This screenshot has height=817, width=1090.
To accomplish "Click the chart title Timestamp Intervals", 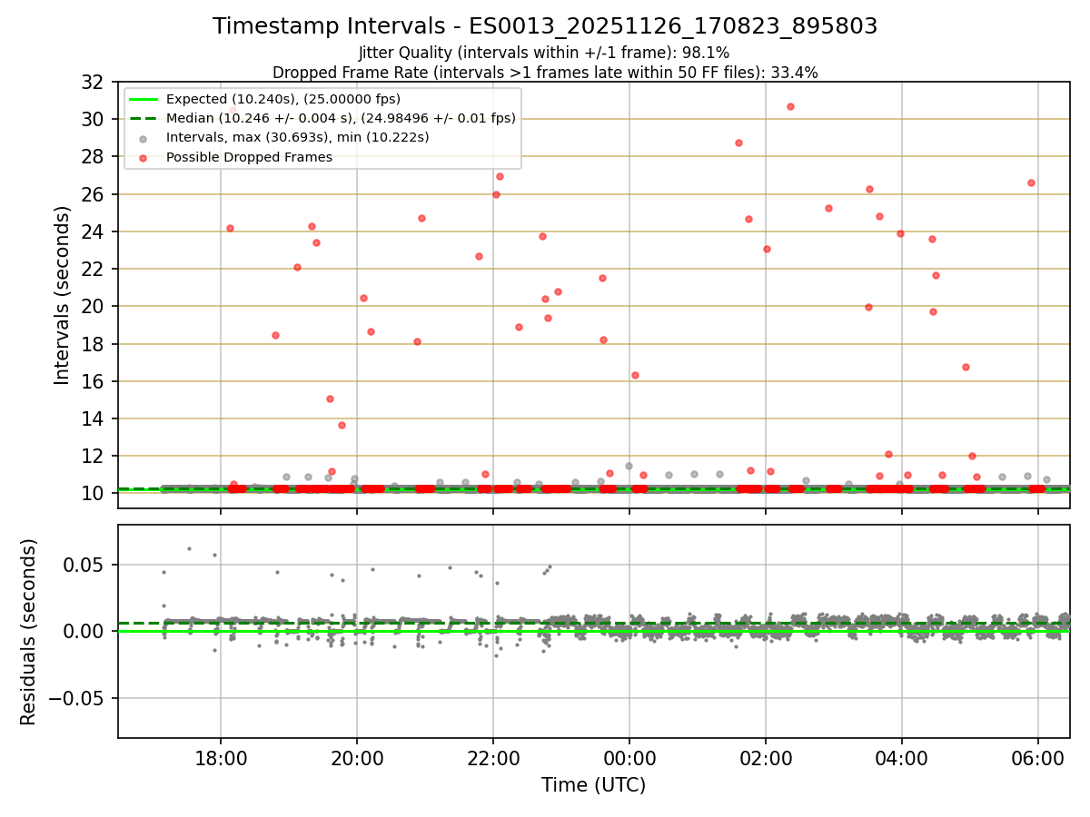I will pyautogui.click(x=545, y=26).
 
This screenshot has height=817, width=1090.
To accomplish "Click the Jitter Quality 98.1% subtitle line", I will pyautogui.click(x=544, y=53).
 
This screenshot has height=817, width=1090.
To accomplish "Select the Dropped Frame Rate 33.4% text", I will pyautogui.click(x=545, y=73).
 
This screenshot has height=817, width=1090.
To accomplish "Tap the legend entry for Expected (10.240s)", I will pyautogui.click(x=282, y=99).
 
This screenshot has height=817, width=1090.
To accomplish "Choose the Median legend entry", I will pyautogui.click(x=341, y=118).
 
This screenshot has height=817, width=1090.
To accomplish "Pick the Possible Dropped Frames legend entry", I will pyautogui.click(x=249, y=157).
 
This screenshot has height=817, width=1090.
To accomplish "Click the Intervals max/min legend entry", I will pyautogui.click(x=297, y=137).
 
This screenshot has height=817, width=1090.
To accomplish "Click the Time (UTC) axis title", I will pyautogui.click(x=593, y=785).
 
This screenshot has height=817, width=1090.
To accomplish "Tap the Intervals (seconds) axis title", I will pyautogui.click(x=62, y=295).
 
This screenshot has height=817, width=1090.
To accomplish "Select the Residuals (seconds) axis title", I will pyautogui.click(x=28, y=632).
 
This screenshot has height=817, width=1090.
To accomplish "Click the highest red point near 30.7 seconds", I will pyautogui.click(x=790, y=106).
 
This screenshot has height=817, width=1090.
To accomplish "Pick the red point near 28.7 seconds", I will pyautogui.click(x=738, y=143).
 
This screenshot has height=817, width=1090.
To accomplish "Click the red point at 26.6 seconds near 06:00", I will pyautogui.click(x=1031, y=182).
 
